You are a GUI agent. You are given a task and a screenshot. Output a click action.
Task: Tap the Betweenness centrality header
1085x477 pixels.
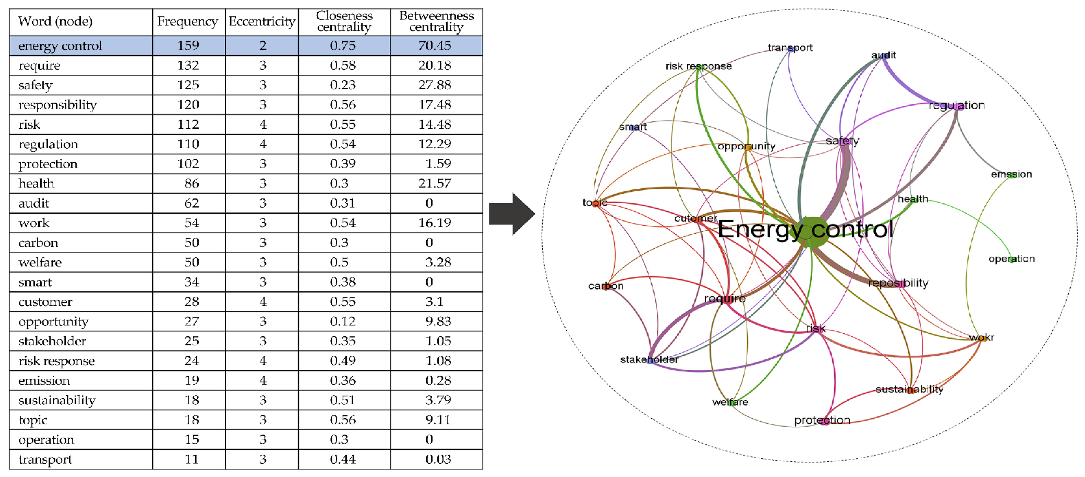[x=436, y=21]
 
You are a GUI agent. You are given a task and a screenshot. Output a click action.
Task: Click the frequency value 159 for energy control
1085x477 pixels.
[x=188, y=45]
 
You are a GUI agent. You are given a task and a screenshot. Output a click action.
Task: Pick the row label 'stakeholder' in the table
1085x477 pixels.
[x=52, y=341]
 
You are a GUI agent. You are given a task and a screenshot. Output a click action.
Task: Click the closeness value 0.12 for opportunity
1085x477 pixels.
[x=343, y=321]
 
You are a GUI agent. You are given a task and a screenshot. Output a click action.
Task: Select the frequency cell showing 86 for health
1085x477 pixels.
[x=192, y=183]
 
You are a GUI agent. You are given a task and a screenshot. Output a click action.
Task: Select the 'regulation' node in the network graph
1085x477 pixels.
[x=957, y=106]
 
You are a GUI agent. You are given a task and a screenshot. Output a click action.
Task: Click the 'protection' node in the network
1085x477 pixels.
[x=822, y=420]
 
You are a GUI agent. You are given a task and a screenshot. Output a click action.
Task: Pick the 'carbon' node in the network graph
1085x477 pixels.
[x=606, y=286]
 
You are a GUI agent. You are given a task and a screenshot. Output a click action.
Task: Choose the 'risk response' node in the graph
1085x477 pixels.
[x=698, y=67]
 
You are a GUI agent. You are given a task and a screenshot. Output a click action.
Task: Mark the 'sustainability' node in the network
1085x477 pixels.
[x=909, y=390]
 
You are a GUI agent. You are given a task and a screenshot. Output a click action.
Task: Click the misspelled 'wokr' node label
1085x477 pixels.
[x=981, y=337]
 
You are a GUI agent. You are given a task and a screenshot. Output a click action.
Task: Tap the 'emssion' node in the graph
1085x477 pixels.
[x=1011, y=175]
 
